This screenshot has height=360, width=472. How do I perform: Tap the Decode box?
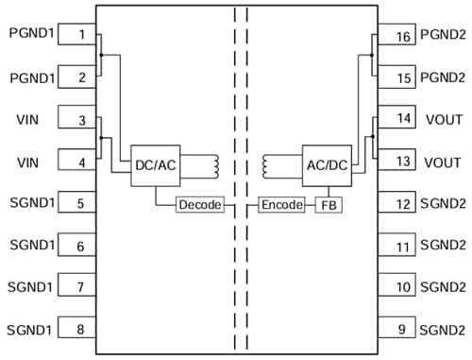200,204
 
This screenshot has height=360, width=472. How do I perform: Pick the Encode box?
282,204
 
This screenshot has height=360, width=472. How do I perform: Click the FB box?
328,204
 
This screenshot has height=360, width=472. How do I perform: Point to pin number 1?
82,36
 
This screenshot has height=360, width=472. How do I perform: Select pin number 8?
82,329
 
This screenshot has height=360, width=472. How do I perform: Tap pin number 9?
403,329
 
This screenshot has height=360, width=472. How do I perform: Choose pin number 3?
82,120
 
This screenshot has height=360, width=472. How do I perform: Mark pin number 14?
403,120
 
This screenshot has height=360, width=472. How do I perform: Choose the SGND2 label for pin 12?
442,203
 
